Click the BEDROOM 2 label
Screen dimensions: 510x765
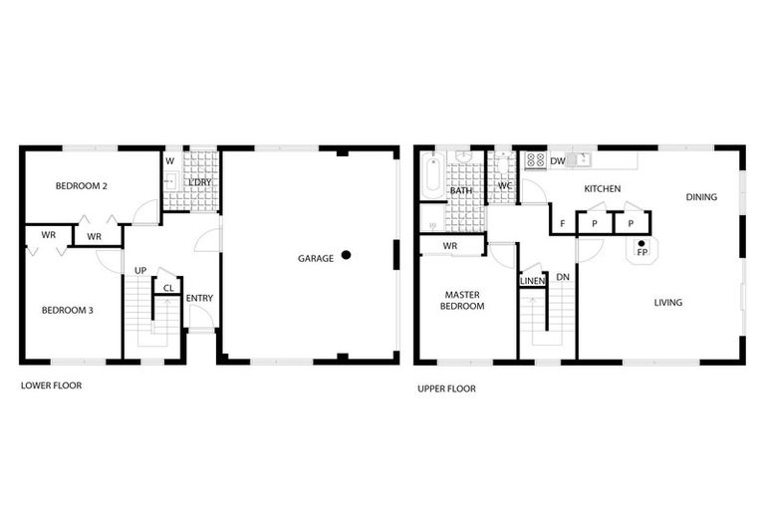pyautogui.click(x=82, y=186)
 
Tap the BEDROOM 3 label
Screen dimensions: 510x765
pyautogui.click(x=68, y=311)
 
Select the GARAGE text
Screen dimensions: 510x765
pyautogui.click(x=316, y=259)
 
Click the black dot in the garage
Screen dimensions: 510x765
pyautogui.click(x=346, y=255)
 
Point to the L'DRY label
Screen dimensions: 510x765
pyautogui.click(x=199, y=183)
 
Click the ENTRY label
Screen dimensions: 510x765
pyautogui.click(x=199, y=299)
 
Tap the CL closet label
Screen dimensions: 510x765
pyautogui.click(x=168, y=289)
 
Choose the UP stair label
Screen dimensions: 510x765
pyautogui.click(x=141, y=271)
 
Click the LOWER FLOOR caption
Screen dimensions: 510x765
pyautogui.click(x=52, y=385)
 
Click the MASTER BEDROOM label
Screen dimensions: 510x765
pyautogui.click(x=462, y=301)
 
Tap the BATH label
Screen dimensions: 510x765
pyautogui.click(x=461, y=190)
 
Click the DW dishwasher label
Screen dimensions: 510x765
pyautogui.click(x=558, y=161)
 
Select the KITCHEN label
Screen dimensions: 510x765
pyautogui.click(x=603, y=189)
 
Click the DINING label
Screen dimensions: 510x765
pyautogui.click(x=701, y=197)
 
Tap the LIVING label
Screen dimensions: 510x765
pyautogui.click(x=668, y=303)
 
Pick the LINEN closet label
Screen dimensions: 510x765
pyautogui.click(x=532, y=282)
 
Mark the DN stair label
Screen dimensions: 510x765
pyautogui.click(x=563, y=278)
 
